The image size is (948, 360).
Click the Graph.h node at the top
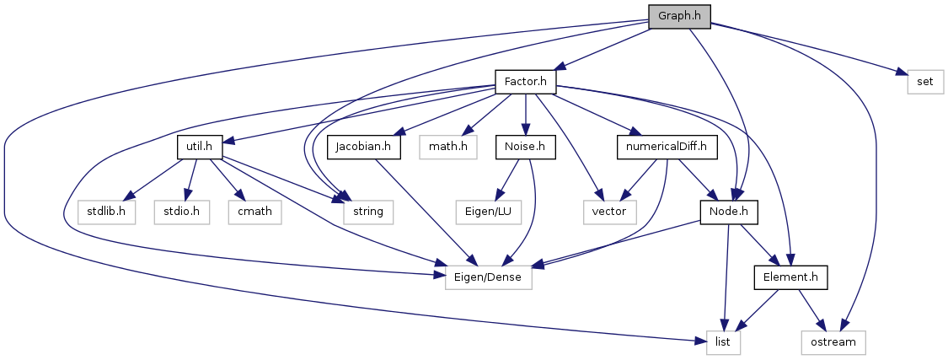click(679, 16)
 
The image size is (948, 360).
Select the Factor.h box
click(526, 83)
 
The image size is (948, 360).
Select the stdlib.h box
click(108, 211)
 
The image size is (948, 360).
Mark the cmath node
click(254, 211)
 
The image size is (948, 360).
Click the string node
click(368, 211)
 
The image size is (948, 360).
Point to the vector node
click(609, 211)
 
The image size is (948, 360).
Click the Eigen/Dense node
click(489, 277)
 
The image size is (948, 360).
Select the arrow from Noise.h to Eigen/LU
click(509, 178)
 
